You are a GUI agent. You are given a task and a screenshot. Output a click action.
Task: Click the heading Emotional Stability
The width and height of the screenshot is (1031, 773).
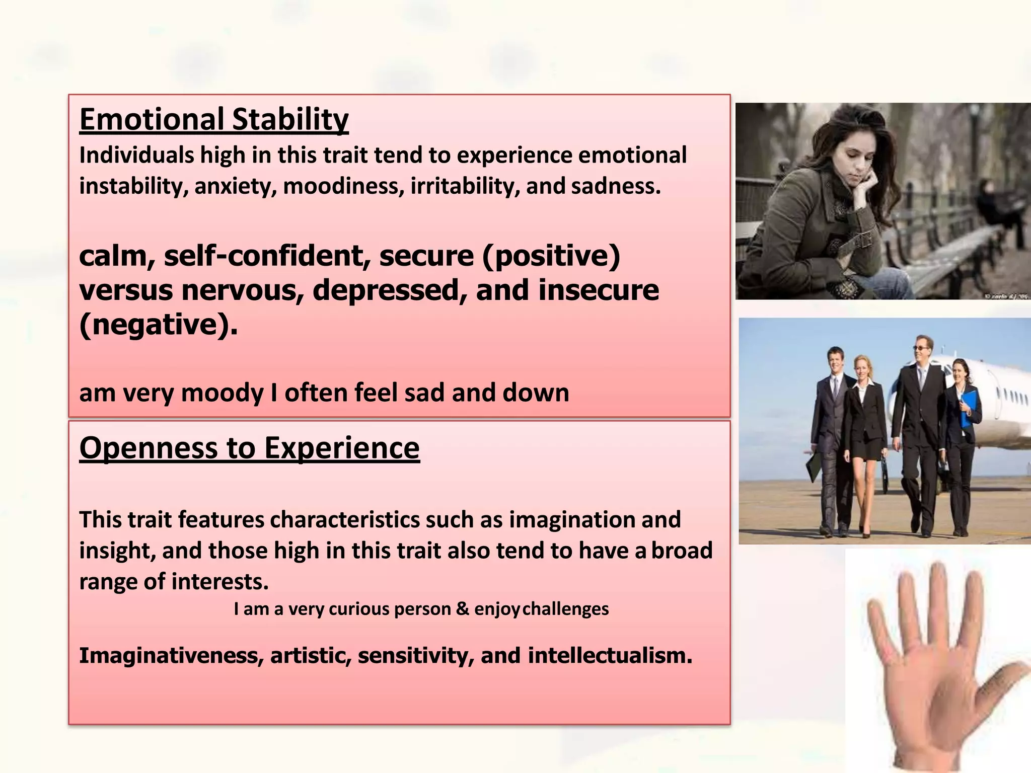pos(214,120)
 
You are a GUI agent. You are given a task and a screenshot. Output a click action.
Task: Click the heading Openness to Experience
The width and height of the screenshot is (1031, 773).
pos(249,447)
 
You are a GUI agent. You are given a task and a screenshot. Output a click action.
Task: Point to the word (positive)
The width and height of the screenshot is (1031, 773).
pos(551,256)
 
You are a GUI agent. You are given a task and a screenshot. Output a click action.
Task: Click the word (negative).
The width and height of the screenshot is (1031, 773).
pos(158,325)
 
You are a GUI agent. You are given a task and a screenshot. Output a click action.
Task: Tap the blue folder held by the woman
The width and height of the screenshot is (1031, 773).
pos(968,408)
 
